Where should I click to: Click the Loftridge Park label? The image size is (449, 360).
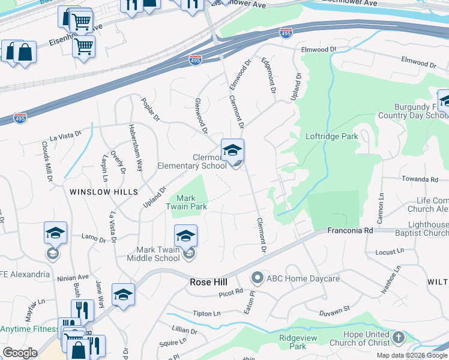click(x=332, y=136)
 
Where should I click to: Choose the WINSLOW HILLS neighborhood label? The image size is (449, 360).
click(x=103, y=192)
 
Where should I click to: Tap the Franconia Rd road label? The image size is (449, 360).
click(x=350, y=230)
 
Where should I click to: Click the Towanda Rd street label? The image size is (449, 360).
click(x=420, y=179)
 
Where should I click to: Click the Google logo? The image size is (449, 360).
click(x=20, y=353)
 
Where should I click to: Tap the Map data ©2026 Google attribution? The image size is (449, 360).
click(x=411, y=355)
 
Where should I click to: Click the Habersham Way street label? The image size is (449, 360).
click(x=136, y=148)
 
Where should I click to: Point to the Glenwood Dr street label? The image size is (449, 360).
click(x=200, y=115)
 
